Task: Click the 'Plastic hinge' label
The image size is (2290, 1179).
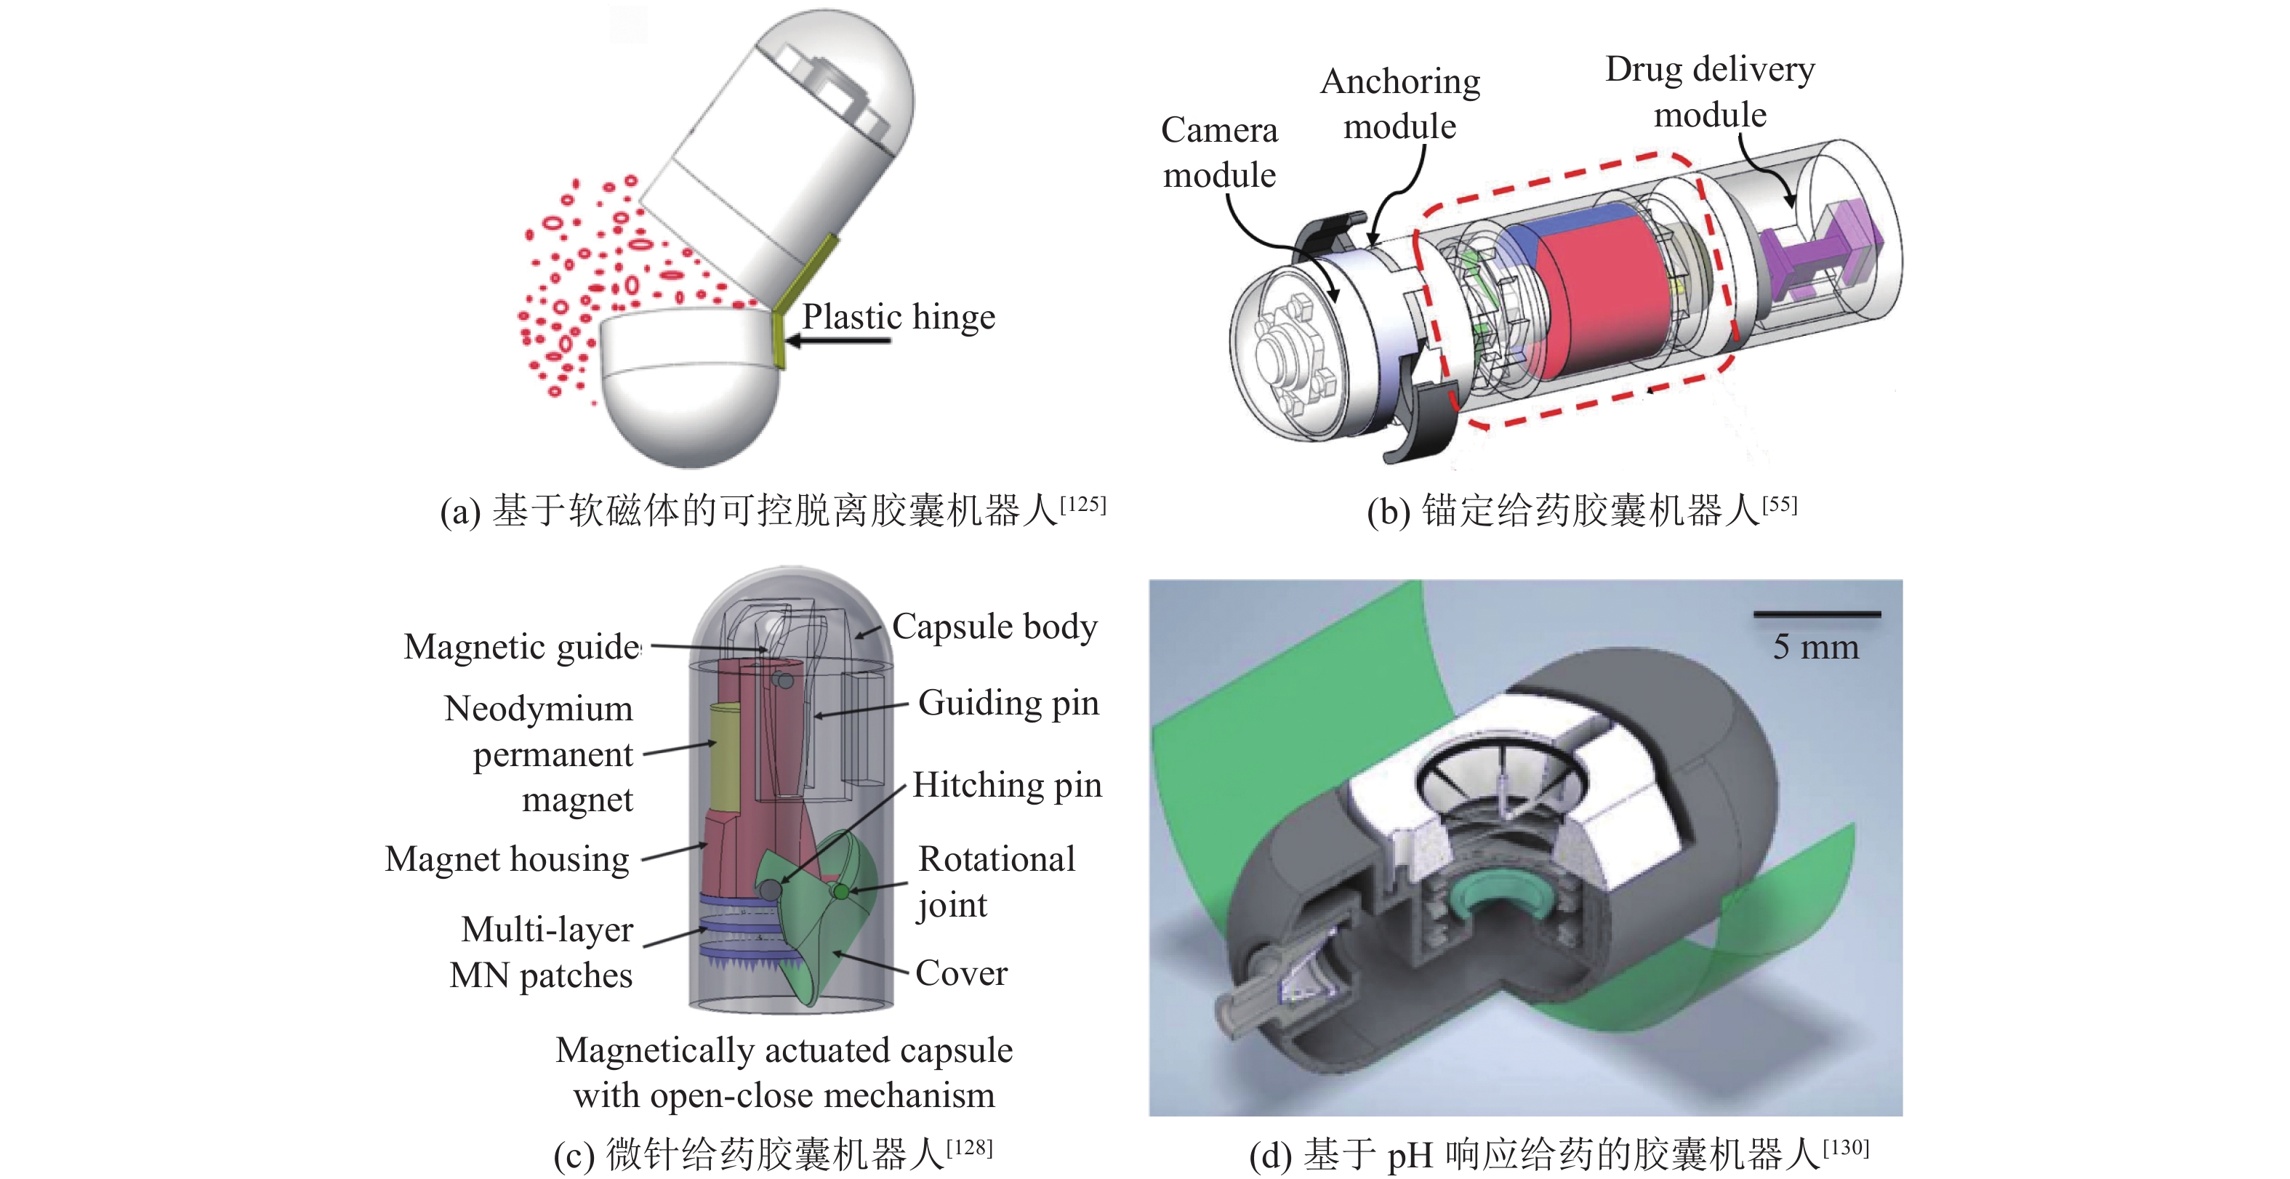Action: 898,318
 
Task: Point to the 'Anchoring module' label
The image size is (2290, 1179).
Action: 1399,104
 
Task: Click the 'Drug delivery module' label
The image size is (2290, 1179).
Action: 1709,92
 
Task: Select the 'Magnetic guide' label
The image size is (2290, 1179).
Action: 522,648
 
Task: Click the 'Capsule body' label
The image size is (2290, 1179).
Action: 994,627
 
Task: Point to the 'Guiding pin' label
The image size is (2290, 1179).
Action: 1008,704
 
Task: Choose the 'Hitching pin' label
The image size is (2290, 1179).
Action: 1007,785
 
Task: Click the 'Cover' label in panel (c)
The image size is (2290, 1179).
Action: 961,973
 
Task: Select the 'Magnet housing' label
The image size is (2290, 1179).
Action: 507,860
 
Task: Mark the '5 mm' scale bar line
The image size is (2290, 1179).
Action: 1816,613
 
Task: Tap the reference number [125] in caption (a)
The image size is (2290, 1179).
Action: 1082,505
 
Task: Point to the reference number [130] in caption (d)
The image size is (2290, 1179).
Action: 1846,1148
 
